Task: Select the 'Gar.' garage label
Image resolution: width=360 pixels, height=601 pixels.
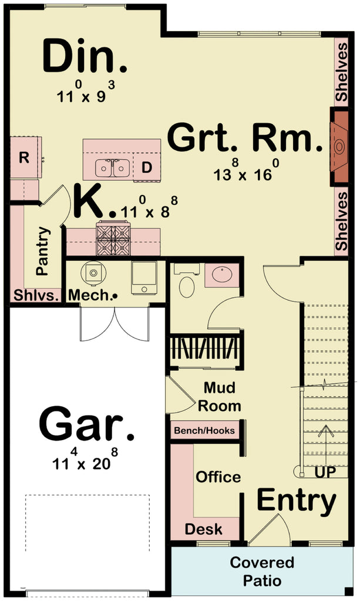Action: click(86, 424)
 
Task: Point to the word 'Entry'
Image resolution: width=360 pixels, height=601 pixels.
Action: click(297, 501)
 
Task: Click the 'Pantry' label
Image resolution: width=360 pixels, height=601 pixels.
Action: click(42, 251)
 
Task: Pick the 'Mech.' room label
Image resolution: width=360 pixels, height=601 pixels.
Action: click(89, 295)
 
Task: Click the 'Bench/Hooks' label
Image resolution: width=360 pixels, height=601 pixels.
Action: click(204, 431)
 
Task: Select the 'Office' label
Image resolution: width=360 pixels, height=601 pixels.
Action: click(218, 476)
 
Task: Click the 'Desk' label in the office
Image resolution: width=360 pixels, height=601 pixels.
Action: click(204, 529)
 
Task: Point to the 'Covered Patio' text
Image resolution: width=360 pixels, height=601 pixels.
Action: click(262, 572)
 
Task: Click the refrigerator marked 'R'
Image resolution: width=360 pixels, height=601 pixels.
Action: click(24, 157)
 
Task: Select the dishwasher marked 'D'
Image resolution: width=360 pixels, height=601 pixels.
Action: click(147, 167)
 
